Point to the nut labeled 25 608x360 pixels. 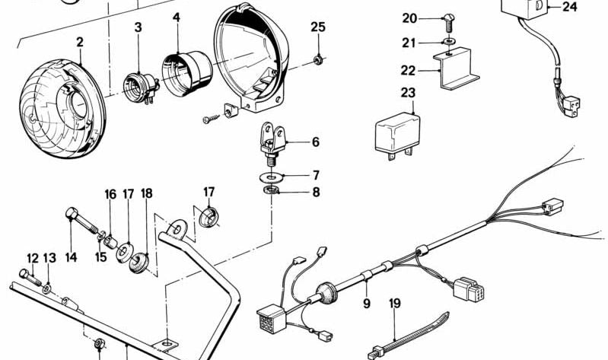[x=318, y=59]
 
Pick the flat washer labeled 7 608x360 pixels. [x=269, y=177]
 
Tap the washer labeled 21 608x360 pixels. [x=450, y=42]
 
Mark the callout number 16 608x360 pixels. [x=110, y=194]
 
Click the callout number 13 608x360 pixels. [x=49, y=259]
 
